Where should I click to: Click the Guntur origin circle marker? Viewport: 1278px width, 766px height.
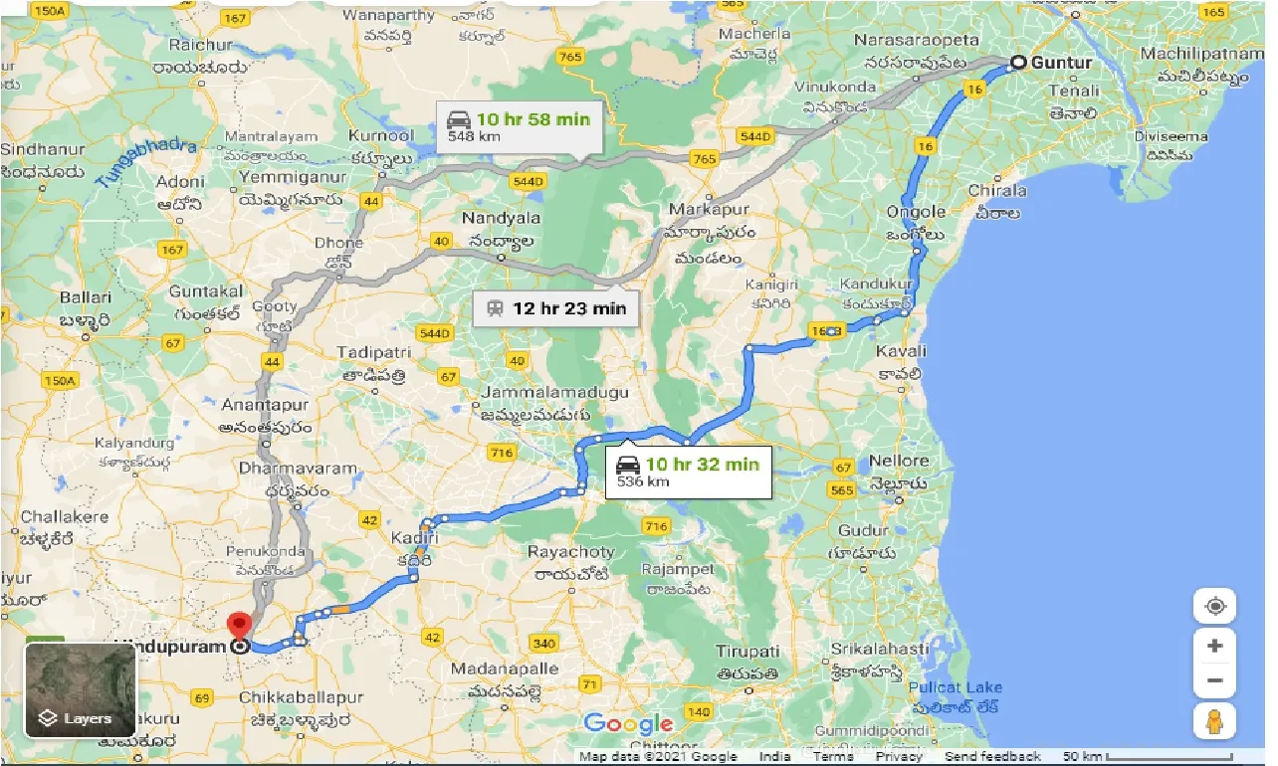pos(1018,63)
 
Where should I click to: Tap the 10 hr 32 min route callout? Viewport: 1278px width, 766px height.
pos(688,472)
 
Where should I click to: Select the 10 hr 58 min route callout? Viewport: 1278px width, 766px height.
pos(519,126)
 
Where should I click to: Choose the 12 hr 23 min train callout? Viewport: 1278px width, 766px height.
pos(555,308)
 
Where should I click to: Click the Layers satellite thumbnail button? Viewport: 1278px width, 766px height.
pos(80,689)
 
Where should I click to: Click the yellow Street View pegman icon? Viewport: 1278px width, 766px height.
pos(1214,721)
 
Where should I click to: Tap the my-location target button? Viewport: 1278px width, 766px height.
pos(1214,607)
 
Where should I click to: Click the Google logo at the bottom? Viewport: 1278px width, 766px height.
pos(628,724)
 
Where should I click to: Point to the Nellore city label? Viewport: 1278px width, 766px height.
pos(899,461)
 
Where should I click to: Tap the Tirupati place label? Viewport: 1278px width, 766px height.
pos(748,651)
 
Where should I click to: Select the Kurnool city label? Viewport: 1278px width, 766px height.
pos(381,135)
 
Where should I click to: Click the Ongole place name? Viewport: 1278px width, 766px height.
pos(916,212)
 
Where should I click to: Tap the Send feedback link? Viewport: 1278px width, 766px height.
pos(992,757)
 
